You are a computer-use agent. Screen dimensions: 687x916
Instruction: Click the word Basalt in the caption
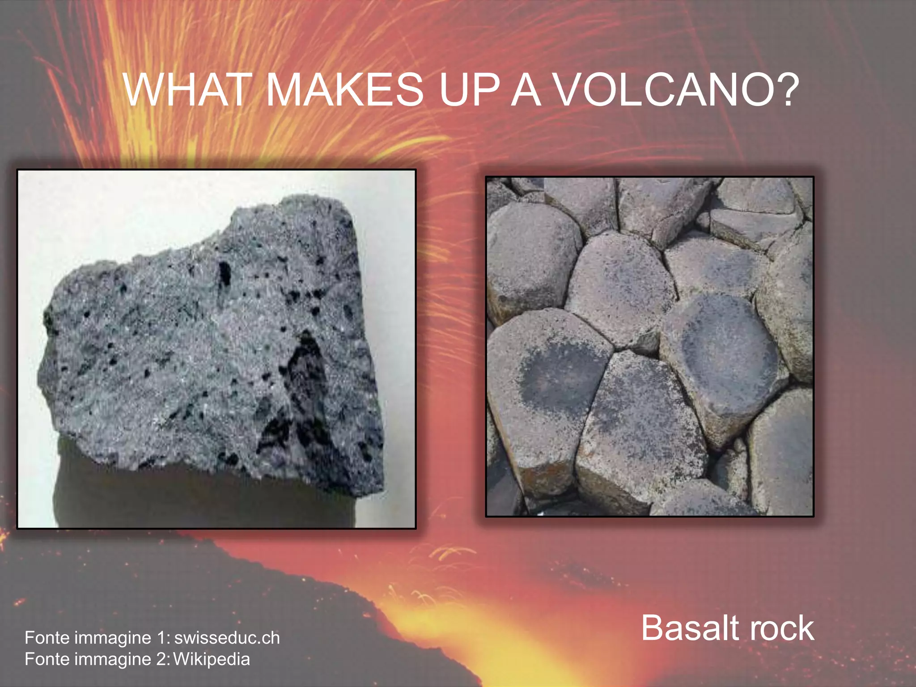coord(691,628)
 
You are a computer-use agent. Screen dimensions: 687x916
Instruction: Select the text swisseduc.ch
coord(227,638)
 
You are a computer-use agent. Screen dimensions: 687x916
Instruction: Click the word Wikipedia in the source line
coord(212,659)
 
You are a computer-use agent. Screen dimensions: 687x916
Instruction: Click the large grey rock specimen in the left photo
coord(179,340)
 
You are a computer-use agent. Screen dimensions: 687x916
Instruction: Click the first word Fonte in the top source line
coord(47,638)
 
